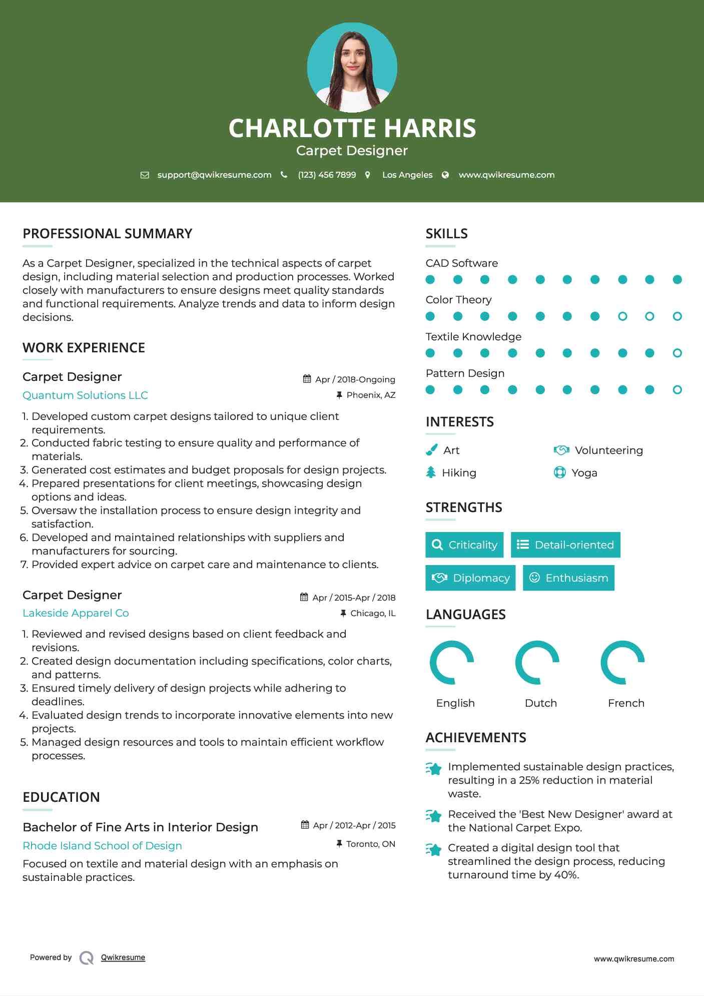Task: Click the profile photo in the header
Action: click(x=352, y=68)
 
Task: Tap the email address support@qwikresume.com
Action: click(x=214, y=175)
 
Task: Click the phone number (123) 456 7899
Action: click(x=327, y=175)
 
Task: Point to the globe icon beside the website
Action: click(x=445, y=175)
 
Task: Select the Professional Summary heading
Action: click(x=108, y=234)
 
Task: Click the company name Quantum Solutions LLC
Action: click(x=85, y=395)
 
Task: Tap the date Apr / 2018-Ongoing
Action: click(x=355, y=379)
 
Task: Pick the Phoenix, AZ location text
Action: click(x=371, y=395)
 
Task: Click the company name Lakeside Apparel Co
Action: click(x=76, y=613)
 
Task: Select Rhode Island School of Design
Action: click(x=102, y=845)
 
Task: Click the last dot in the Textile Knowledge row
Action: click(x=677, y=353)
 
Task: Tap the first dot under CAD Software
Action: click(x=430, y=279)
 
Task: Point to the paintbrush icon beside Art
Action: click(x=431, y=450)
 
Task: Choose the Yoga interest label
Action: click(x=584, y=473)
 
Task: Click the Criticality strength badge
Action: click(x=464, y=545)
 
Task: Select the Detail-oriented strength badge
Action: click(x=565, y=545)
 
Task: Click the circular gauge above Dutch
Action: click(x=537, y=662)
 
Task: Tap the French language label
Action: click(x=626, y=703)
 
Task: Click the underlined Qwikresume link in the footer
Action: click(x=123, y=957)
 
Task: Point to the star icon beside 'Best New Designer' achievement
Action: click(x=433, y=816)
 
